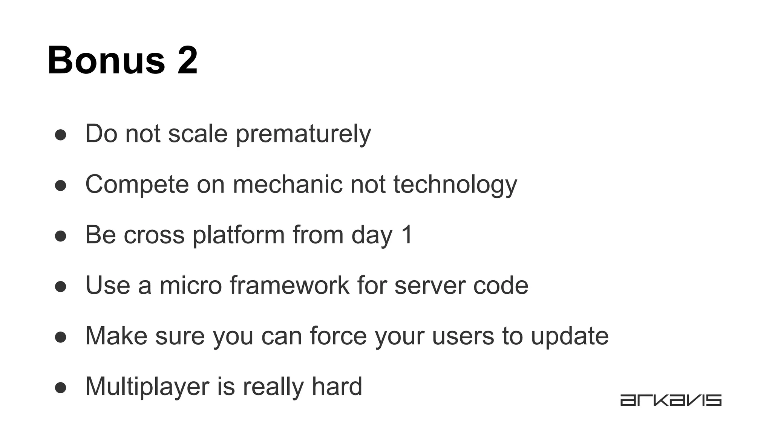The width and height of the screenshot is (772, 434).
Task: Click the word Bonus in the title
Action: pos(106,60)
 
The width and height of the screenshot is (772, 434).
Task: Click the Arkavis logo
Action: pos(671,400)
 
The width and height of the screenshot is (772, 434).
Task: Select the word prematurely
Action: pos(303,134)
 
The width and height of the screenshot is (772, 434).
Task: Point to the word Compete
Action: pos(137,185)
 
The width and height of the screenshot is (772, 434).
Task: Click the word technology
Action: pos(455,185)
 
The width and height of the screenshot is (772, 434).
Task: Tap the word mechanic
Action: pos(287,185)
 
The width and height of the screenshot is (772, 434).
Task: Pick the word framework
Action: pos(289,285)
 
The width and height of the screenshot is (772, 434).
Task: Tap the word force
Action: pos(338,336)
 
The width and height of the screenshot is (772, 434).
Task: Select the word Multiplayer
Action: pos(147,387)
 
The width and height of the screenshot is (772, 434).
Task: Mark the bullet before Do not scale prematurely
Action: pos(61,135)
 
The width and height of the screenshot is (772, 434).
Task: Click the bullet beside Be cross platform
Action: pos(61,236)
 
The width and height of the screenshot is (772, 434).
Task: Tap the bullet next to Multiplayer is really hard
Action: pos(61,388)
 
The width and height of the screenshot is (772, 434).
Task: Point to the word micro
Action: pos(191,285)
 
